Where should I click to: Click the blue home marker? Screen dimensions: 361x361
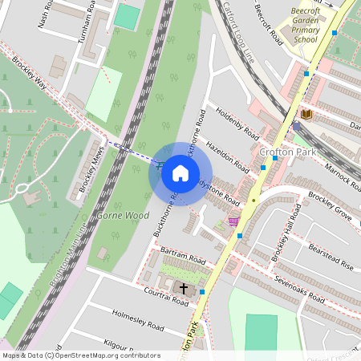pyautogui.click(x=180, y=173)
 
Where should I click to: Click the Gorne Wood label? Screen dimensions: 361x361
pyautogui.click(x=123, y=216)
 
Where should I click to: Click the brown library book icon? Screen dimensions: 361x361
pyautogui.click(x=306, y=115)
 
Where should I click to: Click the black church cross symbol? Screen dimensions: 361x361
pyautogui.click(x=184, y=288)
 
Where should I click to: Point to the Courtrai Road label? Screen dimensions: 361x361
pyautogui.click(x=146, y=295)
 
